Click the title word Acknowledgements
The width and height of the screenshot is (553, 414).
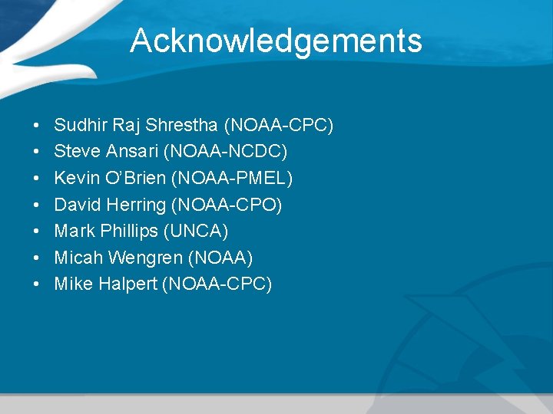click(x=276, y=41)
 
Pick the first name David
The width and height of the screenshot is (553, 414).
click(x=75, y=205)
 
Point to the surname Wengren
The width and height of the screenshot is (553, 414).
click(x=137, y=258)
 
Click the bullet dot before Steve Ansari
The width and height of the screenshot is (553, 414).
click(x=37, y=152)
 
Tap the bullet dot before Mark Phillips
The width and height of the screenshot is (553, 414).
click(x=37, y=232)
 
